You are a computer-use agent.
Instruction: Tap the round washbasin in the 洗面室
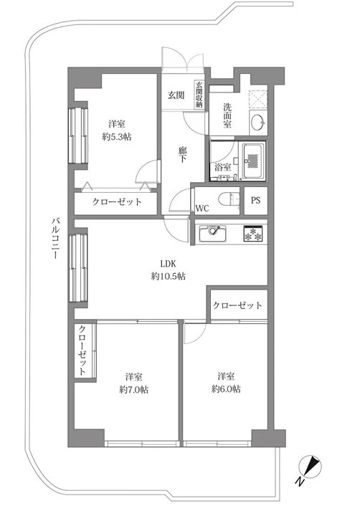pos(258,123)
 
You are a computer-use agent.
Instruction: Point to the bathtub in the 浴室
pos(253,162)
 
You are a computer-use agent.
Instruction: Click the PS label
pos(256,201)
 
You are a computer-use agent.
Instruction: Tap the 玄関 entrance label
pos(176,95)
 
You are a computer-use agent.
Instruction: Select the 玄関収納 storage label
pos(199,95)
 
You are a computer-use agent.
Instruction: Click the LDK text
pos(169,263)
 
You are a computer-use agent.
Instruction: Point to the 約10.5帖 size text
pos(169,277)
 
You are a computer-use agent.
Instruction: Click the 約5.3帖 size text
pos(117,137)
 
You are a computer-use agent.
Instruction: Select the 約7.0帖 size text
pos(133,389)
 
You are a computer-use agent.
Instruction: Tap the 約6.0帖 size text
pos(226,388)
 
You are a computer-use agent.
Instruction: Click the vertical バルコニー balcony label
pos(55,238)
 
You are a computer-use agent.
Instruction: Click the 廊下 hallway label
pos(183,155)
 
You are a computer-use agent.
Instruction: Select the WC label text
pos(202,209)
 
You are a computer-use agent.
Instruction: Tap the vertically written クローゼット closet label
pos(82,350)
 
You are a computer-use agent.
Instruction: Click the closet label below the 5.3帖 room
pos(116,202)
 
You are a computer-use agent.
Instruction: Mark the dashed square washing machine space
pos(258,97)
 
